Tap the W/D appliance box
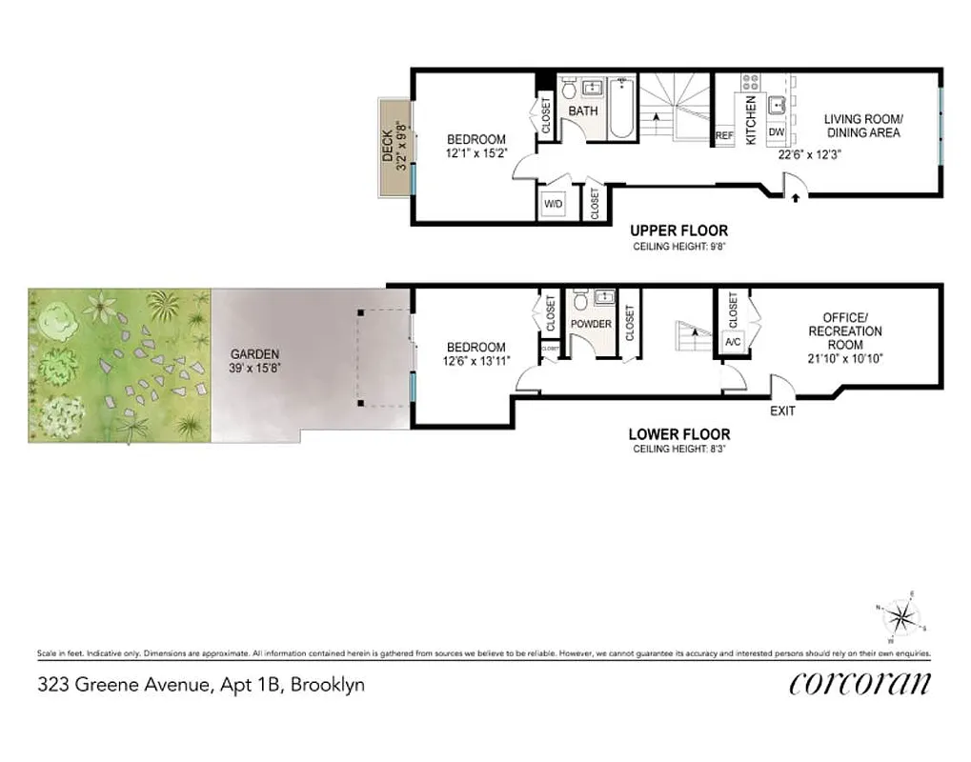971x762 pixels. (554, 204)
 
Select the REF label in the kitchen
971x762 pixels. (724, 136)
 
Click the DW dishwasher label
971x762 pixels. (776, 132)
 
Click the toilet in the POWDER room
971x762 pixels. (581, 302)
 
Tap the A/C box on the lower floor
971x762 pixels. (734, 342)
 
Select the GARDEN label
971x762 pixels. (254, 354)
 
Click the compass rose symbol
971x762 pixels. (899, 619)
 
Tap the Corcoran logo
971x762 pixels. (859, 683)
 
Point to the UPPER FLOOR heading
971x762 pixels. (678, 231)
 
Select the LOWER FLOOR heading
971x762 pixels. (678, 434)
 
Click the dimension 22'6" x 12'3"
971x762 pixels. (810, 153)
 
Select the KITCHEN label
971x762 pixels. (751, 120)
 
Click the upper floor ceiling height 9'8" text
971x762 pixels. (678, 247)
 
